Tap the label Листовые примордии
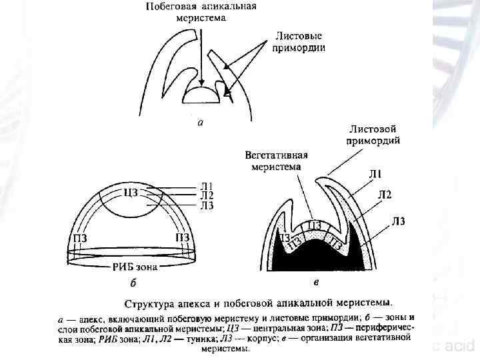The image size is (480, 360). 299,41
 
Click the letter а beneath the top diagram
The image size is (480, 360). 201,123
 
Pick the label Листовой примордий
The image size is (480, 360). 373,134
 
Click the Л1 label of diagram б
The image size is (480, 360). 207,185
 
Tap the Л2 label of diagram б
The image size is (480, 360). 207,195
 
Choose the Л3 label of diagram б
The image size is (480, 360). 207,205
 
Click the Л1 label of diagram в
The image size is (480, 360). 376,175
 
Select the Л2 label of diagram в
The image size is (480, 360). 385,195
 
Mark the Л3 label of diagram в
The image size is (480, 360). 399,221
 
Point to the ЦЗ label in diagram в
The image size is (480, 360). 315,225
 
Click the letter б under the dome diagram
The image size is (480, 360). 133,283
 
